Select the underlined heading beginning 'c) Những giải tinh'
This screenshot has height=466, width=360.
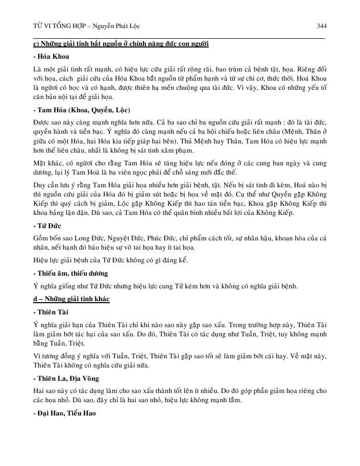pyautogui.click(x=120, y=44)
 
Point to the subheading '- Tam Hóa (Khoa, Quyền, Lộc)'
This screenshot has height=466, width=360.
pyautogui.click(x=81, y=110)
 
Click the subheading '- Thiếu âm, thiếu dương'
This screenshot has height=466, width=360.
pyautogui.click(x=70, y=273)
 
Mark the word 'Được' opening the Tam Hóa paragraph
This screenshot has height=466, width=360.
pyautogui.click(x=40, y=123)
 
